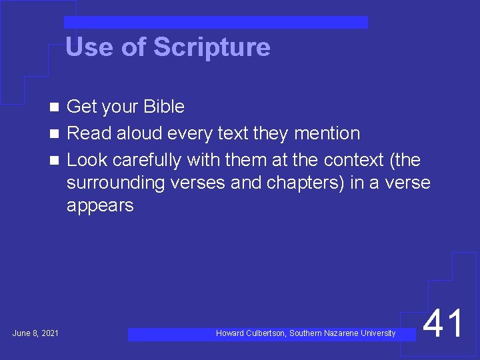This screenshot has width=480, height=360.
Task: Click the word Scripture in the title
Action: coord(211,48)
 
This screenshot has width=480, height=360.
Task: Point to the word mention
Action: coord(327,133)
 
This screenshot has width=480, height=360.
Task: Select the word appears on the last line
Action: coord(100,205)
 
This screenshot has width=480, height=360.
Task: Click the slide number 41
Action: coord(444,325)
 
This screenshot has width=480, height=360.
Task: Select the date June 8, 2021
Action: coord(35,333)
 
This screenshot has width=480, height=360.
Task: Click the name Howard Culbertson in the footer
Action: coord(251,333)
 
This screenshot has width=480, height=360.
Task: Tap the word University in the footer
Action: coord(378,333)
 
